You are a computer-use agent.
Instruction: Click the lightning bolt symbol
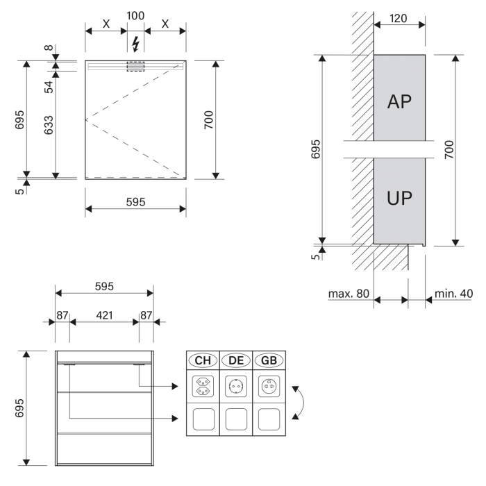[x=135, y=44]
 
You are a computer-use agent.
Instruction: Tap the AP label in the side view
[x=399, y=102]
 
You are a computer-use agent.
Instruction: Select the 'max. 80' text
[x=349, y=294]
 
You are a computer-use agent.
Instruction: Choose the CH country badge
[x=203, y=361]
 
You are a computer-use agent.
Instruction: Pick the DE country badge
[x=236, y=361]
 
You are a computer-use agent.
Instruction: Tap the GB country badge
[x=269, y=361]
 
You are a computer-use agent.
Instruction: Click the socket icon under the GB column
[x=269, y=387]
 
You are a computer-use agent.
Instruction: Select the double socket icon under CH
[x=203, y=387]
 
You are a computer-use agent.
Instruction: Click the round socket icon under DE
[x=236, y=387]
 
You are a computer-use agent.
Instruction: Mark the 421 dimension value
[x=104, y=315]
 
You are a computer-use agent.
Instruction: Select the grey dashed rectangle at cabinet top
[x=135, y=66]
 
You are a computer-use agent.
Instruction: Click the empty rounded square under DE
[x=236, y=419]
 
